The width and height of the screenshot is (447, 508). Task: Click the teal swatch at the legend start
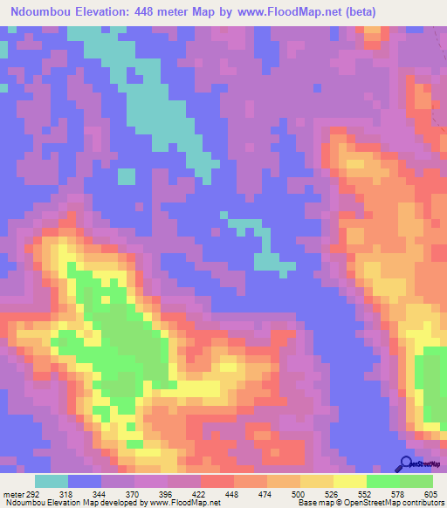52,481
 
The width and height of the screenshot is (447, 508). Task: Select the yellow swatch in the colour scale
350,481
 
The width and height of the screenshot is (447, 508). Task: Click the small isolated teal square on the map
127,175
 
